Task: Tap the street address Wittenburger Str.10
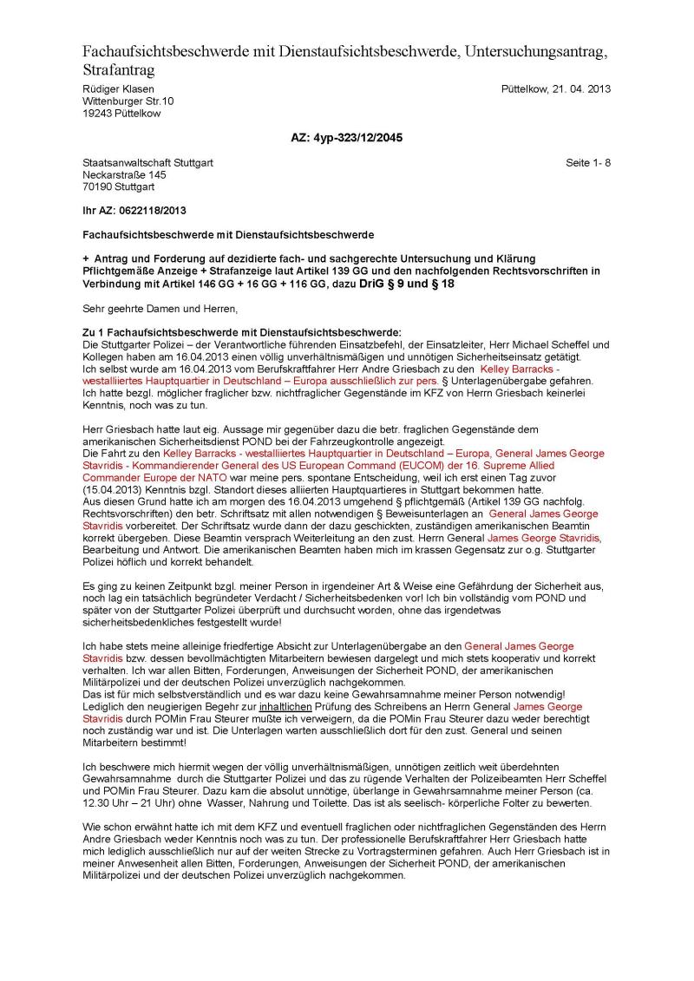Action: [x=128, y=101]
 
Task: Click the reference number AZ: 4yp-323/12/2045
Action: [x=346, y=137]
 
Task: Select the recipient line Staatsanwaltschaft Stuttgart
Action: [x=147, y=162]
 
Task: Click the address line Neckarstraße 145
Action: [x=124, y=174]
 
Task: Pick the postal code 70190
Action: [x=97, y=186]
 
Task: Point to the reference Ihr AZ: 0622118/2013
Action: [x=134, y=211]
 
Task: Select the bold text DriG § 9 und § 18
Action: [x=403, y=283]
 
